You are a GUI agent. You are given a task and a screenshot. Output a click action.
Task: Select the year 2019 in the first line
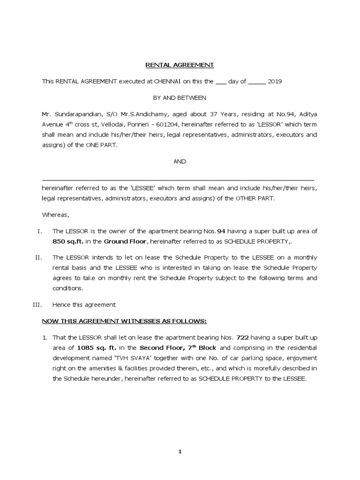pyautogui.click(x=275, y=81)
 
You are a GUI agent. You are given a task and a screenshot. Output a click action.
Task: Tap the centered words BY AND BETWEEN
pyautogui.click(x=180, y=97)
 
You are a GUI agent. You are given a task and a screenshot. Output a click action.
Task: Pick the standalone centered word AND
pyautogui.click(x=180, y=161)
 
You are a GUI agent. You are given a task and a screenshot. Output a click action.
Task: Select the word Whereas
pyautogui.click(x=55, y=215)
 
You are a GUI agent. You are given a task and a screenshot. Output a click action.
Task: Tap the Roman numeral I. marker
pyautogui.click(x=39, y=231)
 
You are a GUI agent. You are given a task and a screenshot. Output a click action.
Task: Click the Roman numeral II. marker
pyautogui.click(x=39, y=257)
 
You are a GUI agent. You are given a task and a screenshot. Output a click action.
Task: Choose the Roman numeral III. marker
pyautogui.click(x=37, y=305)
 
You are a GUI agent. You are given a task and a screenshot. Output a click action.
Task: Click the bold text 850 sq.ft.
pyautogui.click(x=69, y=241)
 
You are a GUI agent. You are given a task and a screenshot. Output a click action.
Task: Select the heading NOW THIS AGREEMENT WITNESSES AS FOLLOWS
pyautogui.click(x=124, y=321)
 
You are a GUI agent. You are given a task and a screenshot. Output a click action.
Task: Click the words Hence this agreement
pyautogui.click(x=84, y=305)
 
